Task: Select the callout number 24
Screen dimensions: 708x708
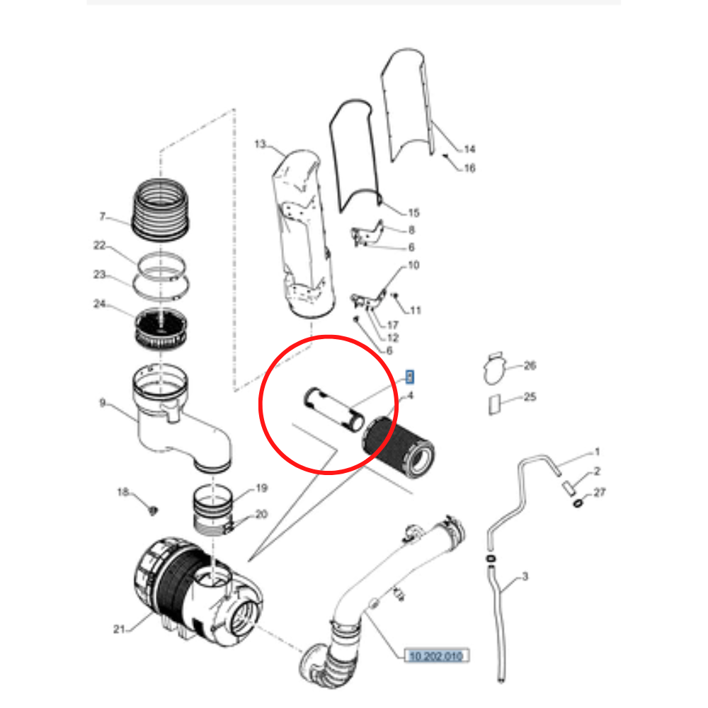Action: (x=99, y=304)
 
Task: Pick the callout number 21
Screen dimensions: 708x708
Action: (x=119, y=629)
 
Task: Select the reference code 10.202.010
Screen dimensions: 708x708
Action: (x=435, y=656)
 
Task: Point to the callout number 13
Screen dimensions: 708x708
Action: (x=260, y=145)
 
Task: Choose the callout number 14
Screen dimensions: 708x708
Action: (x=469, y=149)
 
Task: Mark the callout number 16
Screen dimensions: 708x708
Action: (x=469, y=169)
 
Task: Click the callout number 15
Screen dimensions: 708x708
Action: (x=414, y=212)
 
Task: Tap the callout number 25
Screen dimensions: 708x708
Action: (x=530, y=397)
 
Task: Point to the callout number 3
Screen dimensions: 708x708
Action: (x=525, y=577)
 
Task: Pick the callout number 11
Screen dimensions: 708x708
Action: (x=415, y=310)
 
